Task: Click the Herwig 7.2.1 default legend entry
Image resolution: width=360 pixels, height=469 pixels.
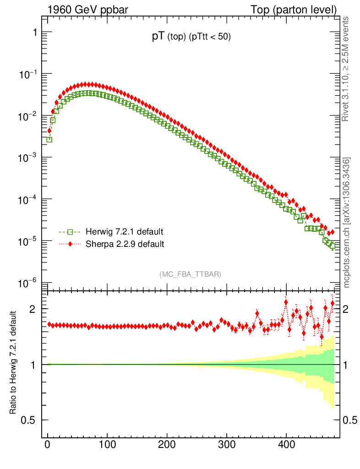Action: [124, 232]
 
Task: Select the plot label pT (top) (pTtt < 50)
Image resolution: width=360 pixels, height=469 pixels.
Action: [191, 38]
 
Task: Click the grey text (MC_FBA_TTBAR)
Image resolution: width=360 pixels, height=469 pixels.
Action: [191, 274]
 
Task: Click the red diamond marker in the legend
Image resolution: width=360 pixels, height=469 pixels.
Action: [71, 244]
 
